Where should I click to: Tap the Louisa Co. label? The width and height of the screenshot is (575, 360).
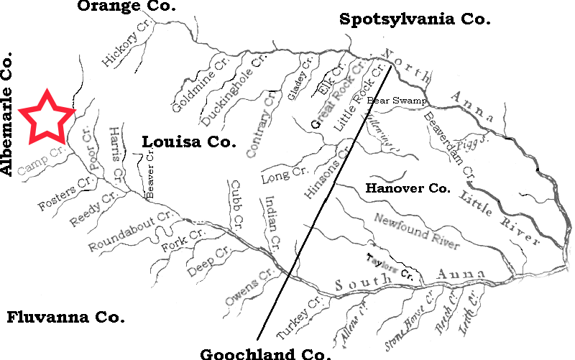pyautogui.click(x=188, y=142)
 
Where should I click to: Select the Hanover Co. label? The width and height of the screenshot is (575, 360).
pyautogui.click(x=408, y=189)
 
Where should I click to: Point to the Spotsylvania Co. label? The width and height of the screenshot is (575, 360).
pyautogui.click(x=415, y=19)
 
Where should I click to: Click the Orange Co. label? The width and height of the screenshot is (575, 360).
pyautogui.click(x=126, y=6)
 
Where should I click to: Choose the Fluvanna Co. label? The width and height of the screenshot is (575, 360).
pyautogui.click(x=65, y=316)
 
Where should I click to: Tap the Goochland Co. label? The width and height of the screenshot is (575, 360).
pyautogui.click(x=265, y=353)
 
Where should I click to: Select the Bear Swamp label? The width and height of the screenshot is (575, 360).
pyautogui.click(x=398, y=100)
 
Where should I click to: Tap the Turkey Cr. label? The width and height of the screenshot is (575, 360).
pyautogui.click(x=300, y=317)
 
